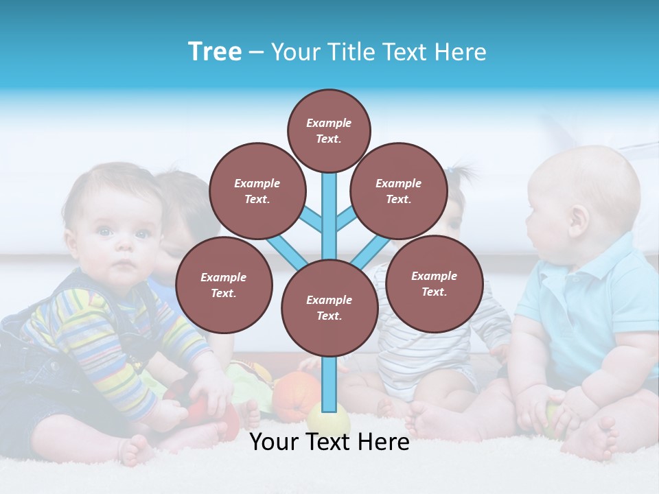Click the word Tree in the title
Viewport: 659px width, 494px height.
pos(215,52)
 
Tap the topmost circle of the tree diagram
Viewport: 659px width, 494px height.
pos(329,130)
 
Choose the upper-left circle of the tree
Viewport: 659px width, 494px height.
pos(257,191)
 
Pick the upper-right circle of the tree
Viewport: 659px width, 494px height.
pos(398,191)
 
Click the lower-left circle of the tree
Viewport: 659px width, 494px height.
pos(224,285)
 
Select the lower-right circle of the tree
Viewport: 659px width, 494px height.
pos(434,283)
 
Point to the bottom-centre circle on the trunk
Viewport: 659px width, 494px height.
pos(329,307)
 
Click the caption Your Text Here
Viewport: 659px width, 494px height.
pos(329,442)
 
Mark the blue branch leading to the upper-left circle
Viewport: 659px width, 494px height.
pos(310,220)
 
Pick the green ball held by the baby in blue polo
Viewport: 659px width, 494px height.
pos(553,415)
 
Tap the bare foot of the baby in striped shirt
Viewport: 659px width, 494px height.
pos(137,449)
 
